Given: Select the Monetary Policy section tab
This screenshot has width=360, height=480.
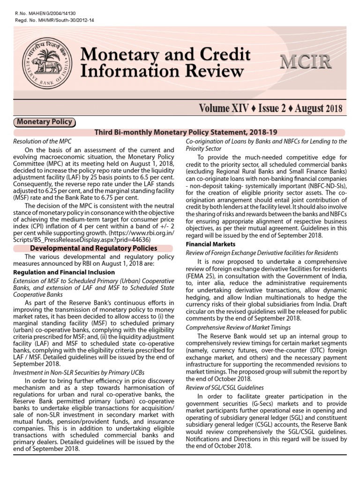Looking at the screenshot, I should [45, 122].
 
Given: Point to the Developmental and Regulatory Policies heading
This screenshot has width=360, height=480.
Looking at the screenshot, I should [94, 248].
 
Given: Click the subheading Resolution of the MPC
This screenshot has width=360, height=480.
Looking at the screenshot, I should [42, 141].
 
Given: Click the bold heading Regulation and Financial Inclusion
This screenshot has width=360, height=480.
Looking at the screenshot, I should [64, 272].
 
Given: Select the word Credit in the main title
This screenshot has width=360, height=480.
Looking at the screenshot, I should [218, 55].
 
